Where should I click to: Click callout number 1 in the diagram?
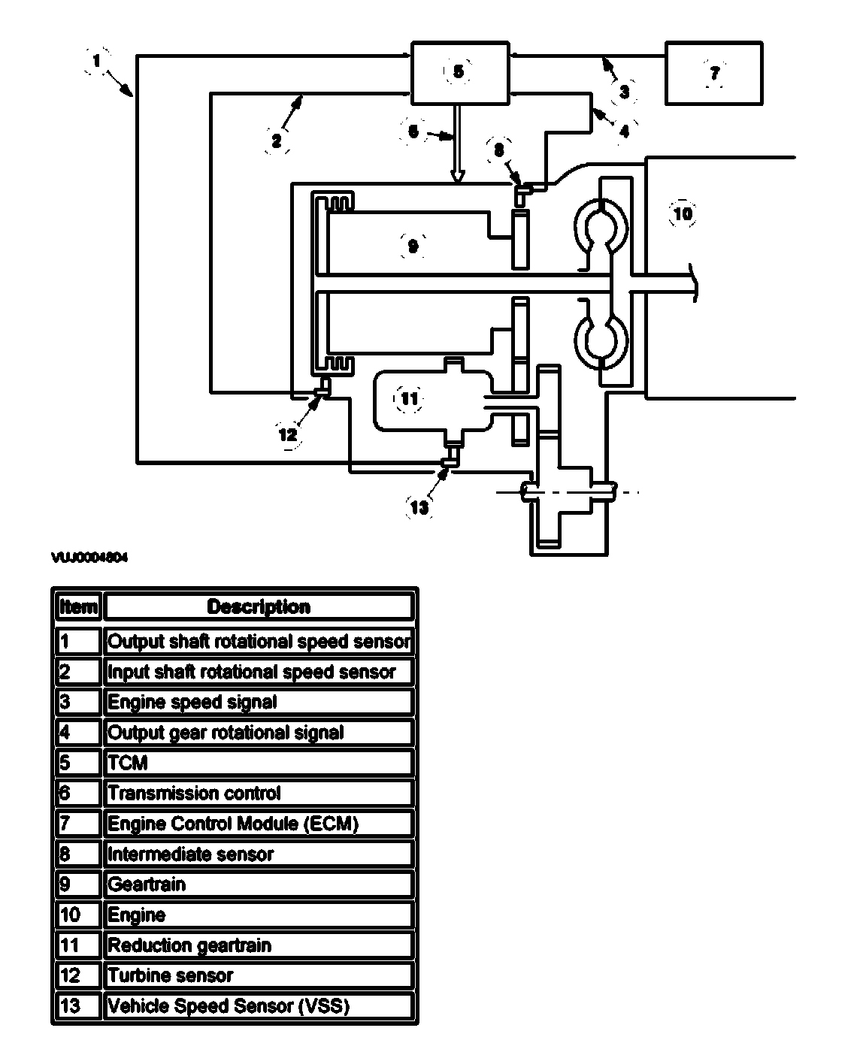(x=96, y=59)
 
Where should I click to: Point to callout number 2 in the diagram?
(x=277, y=139)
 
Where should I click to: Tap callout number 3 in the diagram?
(x=624, y=92)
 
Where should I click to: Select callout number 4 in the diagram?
(x=624, y=131)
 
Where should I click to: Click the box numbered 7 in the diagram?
(x=713, y=73)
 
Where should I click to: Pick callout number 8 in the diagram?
(x=499, y=150)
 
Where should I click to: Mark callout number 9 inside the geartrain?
(x=413, y=245)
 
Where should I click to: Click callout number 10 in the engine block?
(x=683, y=214)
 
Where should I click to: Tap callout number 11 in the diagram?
(x=409, y=398)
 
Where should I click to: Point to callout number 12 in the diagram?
(x=288, y=434)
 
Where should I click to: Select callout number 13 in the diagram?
(x=419, y=507)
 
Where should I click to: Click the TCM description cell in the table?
(x=259, y=763)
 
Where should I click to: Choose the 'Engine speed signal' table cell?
(x=259, y=702)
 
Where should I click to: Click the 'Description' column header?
(x=259, y=606)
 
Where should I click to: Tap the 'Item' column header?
(x=78, y=606)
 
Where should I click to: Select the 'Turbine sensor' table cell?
(x=259, y=975)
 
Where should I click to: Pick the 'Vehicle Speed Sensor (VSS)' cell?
(x=259, y=1005)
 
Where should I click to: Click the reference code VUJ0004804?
(x=89, y=558)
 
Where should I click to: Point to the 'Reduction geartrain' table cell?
(x=259, y=945)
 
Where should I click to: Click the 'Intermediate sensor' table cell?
(x=259, y=854)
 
